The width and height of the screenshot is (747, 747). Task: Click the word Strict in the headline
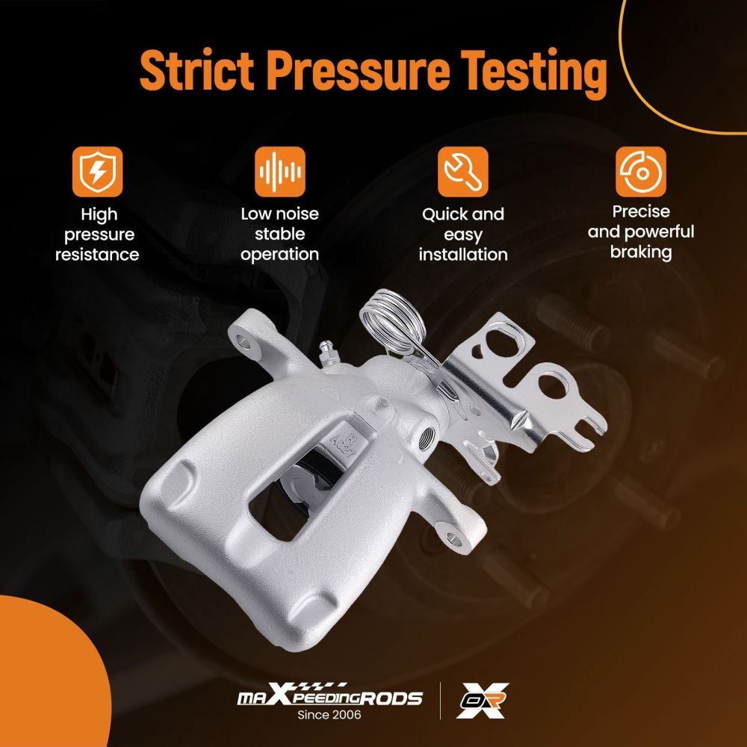coord(196,70)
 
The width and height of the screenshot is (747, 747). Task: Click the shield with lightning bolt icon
coord(98,172)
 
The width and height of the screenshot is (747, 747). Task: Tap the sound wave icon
coord(280,172)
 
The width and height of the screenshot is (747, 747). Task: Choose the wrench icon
coord(463,172)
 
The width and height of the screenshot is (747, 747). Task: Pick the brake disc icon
coord(641,172)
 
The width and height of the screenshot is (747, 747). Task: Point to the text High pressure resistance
coord(98,235)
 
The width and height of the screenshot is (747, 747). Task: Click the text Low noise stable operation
coord(280,234)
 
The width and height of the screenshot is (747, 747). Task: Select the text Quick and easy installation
coord(463,235)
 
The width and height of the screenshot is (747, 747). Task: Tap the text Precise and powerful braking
coord(641,232)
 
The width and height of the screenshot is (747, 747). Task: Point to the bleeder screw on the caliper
coord(327,353)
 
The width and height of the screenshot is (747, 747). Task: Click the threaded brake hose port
coord(427,437)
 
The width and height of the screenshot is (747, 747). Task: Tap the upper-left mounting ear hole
coord(245,341)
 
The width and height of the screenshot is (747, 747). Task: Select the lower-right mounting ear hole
coord(454,539)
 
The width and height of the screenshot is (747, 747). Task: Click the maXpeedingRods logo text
coord(329,695)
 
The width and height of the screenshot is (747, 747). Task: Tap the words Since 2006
coord(329,715)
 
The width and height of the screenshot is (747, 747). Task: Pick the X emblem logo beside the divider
coord(482,701)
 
